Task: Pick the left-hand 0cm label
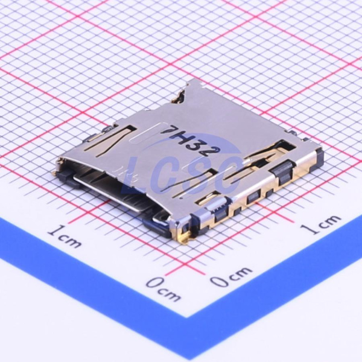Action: (164, 289)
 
